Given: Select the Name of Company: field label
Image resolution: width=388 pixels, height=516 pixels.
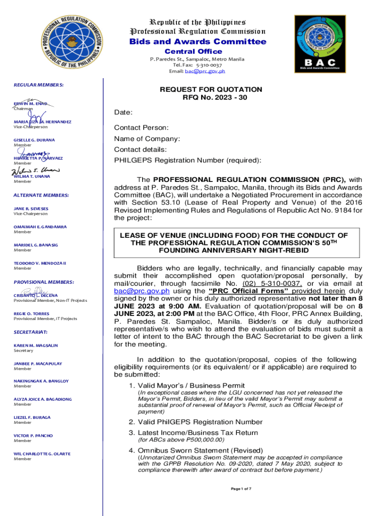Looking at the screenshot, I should click(147, 139).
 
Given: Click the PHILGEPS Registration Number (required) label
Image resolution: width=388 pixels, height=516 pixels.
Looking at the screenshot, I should click(187, 160).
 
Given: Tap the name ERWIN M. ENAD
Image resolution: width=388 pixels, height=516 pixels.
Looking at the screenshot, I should click(30, 103).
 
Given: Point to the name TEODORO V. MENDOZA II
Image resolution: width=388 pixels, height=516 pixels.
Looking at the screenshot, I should click(40, 263).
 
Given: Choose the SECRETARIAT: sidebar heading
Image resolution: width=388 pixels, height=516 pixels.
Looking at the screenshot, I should click(30, 332).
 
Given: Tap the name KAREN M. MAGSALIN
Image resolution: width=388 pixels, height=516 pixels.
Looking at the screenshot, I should click(35, 345).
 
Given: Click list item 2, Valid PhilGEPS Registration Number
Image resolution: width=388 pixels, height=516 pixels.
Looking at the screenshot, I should click(196, 422).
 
